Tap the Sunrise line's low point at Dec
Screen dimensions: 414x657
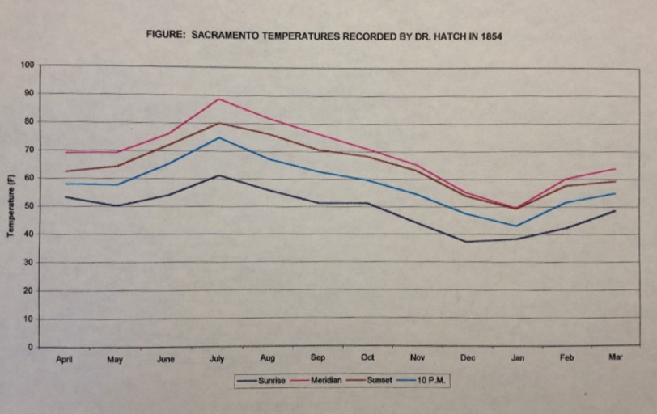point(467,242)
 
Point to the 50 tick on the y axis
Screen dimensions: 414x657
point(29,206)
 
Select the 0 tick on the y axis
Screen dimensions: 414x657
point(31,348)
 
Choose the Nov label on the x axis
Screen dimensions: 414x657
point(418,357)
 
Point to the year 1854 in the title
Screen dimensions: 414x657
point(491,36)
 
